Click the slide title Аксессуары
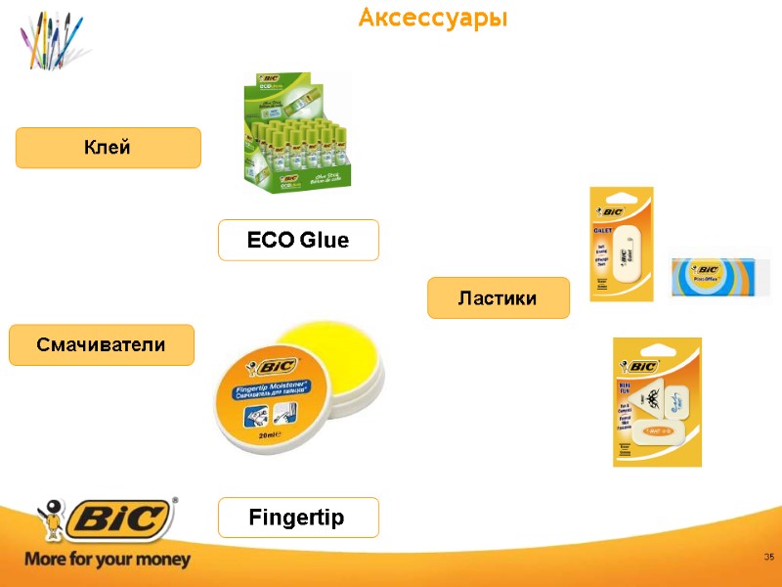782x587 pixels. pyautogui.click(x=433, y=18)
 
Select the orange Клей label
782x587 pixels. pyautogui.click(x=108, y=148)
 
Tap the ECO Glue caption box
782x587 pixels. pyautogui.click(x=298, y=240)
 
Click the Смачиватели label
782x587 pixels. pyautogui.click(x=102, y=345)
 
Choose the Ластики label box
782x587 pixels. pyautogui.click(x=498, y=297)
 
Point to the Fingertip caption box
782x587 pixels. pyautogui.click(x=298, y=517)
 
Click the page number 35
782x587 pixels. pyautogui.click(x=768, y=557)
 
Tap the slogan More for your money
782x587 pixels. pyautogui.click(x=108, y=561)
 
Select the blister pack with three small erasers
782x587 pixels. pyautogui.click(x=656, y=401)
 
